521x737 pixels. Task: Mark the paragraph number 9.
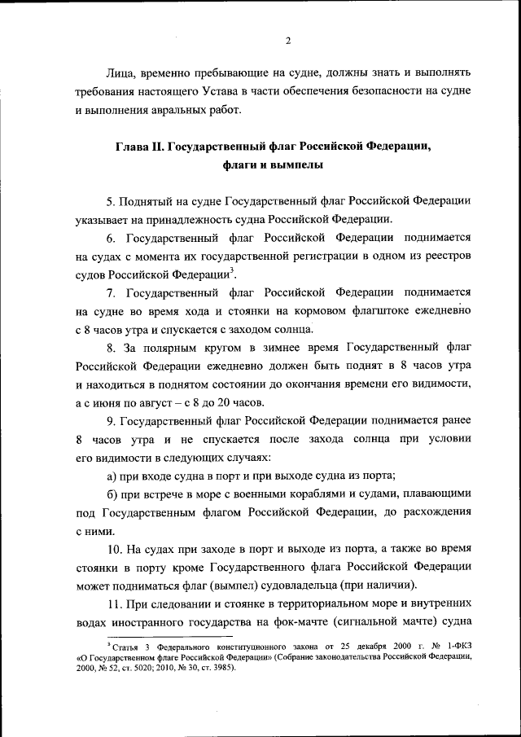tap(111, 421)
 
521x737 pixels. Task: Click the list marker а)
tap(113, 476)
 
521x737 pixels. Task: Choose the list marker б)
tap(113, 494)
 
